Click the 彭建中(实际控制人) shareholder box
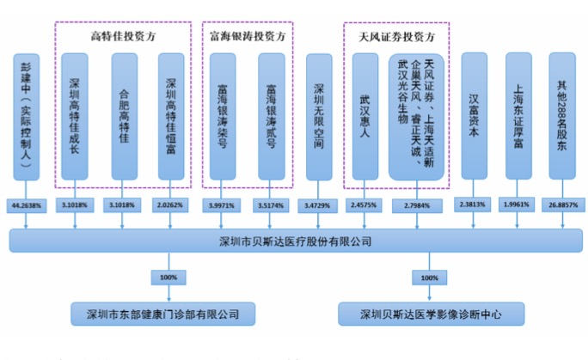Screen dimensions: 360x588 (26, 115)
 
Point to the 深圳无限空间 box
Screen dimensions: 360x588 (321, 115)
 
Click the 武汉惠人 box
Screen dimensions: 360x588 (370, 115)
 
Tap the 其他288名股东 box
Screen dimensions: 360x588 (563, 115)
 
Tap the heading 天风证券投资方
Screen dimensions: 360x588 (395, 36)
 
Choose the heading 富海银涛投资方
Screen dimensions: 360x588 (248, 36)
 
